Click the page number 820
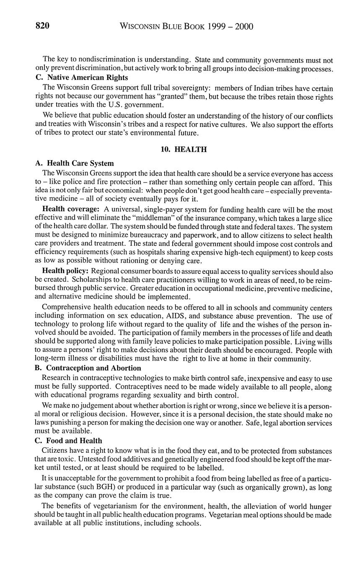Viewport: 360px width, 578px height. pyautogui.click(x=42, y=26)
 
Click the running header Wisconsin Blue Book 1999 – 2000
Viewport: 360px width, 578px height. pyautogui.click(x=186, y=27)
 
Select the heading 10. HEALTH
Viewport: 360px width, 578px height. pyautogui.click(x=184, y=150)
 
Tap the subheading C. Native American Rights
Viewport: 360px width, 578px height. pyautogui.click(x=82, y=77)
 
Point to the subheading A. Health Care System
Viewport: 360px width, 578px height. pyautogui.click(x=75, y=163)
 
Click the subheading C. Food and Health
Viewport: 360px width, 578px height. pyautogui.click(x=68, y=441)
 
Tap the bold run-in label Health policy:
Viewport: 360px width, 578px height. pyautogui.click(x=65, y=271)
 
